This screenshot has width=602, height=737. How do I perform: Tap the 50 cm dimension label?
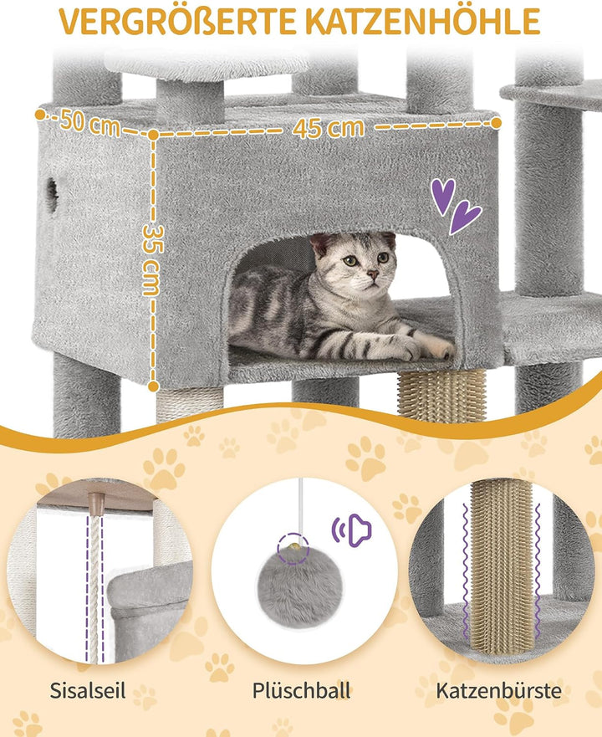click(x=89, y=123)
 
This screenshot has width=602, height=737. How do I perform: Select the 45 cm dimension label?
click(x=328, y=127)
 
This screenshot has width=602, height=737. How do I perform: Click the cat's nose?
click(x=372, y=273)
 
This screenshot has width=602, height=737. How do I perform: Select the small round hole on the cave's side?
click(x=52, y=195)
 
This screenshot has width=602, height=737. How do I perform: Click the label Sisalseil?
click(x=88, y=690)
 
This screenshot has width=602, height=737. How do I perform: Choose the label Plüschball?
click(x=301, y=690)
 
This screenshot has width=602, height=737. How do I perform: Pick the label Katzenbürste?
click(x=498, y=690)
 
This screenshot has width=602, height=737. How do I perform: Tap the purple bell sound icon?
click(x=352, y=530)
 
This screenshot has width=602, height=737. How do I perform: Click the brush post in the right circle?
click(x=501, y=566)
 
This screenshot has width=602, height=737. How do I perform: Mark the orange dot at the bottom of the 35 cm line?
click(x=154, y=386)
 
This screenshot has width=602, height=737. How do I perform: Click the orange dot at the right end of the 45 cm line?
click(x=496, y=123)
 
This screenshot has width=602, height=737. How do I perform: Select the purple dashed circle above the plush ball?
click(x=293, y=548)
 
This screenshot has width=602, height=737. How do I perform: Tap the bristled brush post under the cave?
click(x=441, y=395)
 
